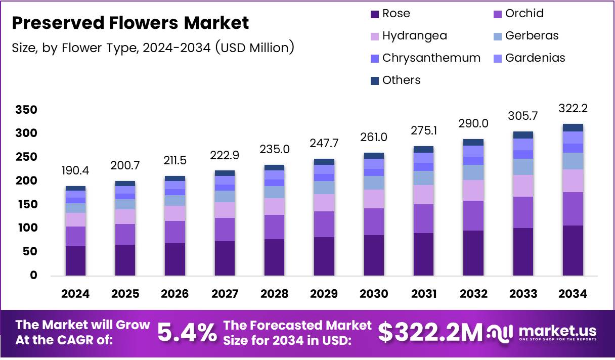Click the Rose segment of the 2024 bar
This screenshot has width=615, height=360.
75,260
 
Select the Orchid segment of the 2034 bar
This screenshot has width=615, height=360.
573,208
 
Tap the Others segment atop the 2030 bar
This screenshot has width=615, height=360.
374,156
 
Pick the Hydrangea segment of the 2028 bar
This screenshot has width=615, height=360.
274,206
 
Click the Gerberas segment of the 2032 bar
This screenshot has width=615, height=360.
473,172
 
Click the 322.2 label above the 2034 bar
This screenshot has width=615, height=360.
573,108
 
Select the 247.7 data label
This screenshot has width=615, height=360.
324,143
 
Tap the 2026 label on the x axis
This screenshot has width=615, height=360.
174,294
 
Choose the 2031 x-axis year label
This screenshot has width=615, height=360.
424,294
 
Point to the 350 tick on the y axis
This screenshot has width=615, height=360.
26,110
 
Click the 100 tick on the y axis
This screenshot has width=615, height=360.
26,228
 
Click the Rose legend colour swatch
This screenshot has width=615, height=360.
375,14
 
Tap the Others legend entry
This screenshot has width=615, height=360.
401,80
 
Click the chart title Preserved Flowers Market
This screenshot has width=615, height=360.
130,23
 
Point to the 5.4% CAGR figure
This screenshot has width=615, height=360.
186,333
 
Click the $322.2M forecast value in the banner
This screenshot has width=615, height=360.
430,333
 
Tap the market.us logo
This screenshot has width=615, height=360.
542,333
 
